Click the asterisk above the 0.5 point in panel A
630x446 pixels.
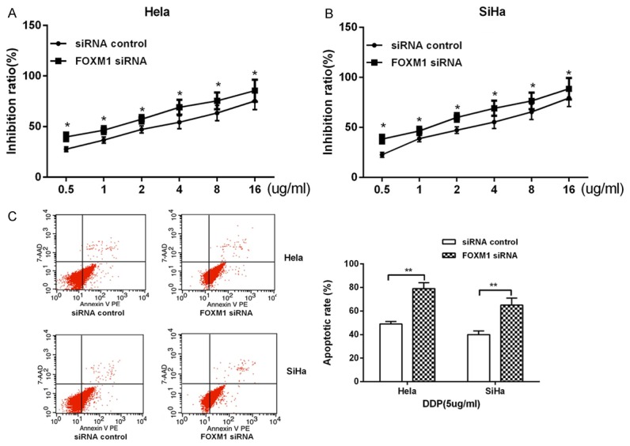[67, 125]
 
